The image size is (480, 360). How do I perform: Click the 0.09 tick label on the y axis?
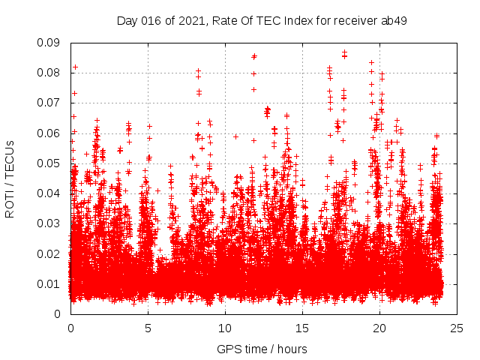tap(49, 43)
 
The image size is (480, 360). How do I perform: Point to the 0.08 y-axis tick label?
tap(49, 73)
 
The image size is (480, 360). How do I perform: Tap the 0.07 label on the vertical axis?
tap(49, 103)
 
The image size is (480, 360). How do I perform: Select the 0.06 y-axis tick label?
tap(49, 133)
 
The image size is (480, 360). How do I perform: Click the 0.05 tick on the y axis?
tap(49, 163)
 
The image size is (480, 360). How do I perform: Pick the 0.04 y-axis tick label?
tap(49, 193)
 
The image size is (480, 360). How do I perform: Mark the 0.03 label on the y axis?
tap(49, 223)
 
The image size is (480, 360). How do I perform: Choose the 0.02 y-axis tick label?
tap(49, 253)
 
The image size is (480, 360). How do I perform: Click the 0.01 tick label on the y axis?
tap(49, 283)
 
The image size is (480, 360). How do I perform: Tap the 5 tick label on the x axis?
tap(148, 328)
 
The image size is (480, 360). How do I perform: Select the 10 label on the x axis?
tap(225, 328)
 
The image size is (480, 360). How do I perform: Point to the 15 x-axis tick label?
tap(302, 328)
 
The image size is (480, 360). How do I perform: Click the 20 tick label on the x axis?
tap(379, 328)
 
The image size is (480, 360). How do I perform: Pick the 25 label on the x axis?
tap(457, 328)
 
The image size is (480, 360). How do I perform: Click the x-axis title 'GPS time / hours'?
tap(262, 349)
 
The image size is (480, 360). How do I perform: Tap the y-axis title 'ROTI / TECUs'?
tap(10, 178)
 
